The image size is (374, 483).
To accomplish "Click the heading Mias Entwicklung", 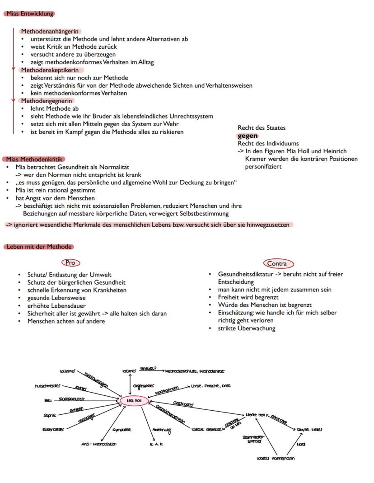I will click(x=30, y=14).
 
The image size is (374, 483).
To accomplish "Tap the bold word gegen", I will click(x=248, y=136).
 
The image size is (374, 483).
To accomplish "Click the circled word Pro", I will click(x=70, y=263).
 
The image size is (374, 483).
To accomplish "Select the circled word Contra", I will click(x=277, y=263).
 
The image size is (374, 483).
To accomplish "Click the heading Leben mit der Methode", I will click(x=39, y=247).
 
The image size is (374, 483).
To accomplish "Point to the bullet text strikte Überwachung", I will click(x=246, y=328).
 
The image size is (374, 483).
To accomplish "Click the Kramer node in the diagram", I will click(x=129, y=371).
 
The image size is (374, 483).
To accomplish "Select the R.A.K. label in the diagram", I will click(x=157, y=444).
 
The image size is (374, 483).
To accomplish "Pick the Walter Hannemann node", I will click(x=276, y=458).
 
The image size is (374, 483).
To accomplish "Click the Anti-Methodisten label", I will click(x=98, y=444).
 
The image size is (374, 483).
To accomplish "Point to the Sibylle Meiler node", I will click(x=309, y=429).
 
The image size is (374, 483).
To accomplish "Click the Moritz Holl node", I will click(x=256, y=414).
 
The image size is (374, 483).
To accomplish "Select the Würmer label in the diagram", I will click(x=68, y=371).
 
